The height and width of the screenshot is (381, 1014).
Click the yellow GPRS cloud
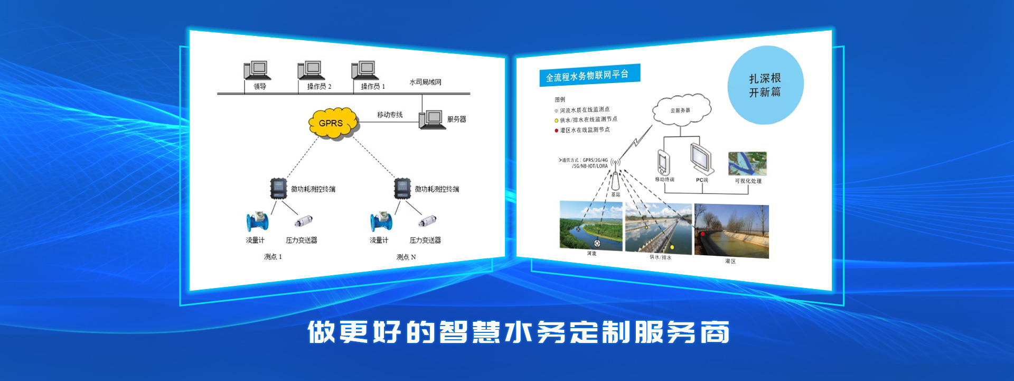pos(332,123)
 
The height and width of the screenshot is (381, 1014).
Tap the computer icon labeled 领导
pos(257,70)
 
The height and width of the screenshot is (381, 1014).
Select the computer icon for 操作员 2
pos(311,70)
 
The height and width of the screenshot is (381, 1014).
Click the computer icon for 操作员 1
pos(364,70)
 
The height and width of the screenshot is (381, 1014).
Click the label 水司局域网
pos(425,82)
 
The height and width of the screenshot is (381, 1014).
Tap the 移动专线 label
pos(390,115)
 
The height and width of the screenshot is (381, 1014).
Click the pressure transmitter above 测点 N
pos(427,221)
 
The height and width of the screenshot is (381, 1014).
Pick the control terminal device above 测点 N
pos(402,189)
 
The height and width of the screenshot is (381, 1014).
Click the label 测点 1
pos(273,257)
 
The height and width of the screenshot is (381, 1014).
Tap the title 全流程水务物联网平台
pos(588,76)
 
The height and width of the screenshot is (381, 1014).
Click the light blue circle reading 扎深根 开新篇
pos(765,85)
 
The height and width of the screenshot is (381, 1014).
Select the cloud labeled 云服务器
pos(681,110)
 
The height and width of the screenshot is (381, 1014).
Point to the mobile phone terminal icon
pos(664,162)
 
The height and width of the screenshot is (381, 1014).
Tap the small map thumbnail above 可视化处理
pos(747,164)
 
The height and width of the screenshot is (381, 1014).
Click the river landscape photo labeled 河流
pos(591,225)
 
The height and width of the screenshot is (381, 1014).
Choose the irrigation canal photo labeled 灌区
pos(731,230)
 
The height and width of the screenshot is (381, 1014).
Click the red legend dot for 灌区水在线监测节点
pos(556,131)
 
